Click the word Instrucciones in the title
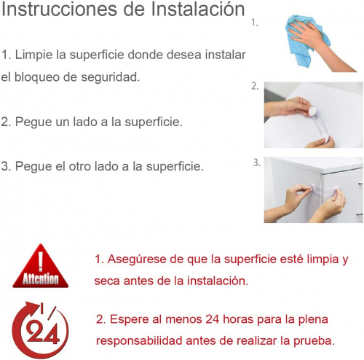click(59, 9)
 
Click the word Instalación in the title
click(197, 9)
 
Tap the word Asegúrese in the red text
click(137, 259)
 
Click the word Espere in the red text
click(130, 319)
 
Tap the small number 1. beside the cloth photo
click(254, 23)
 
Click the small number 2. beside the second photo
click(255, 86)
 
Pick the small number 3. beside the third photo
click(256, 163)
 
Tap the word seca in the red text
click(106, 281)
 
